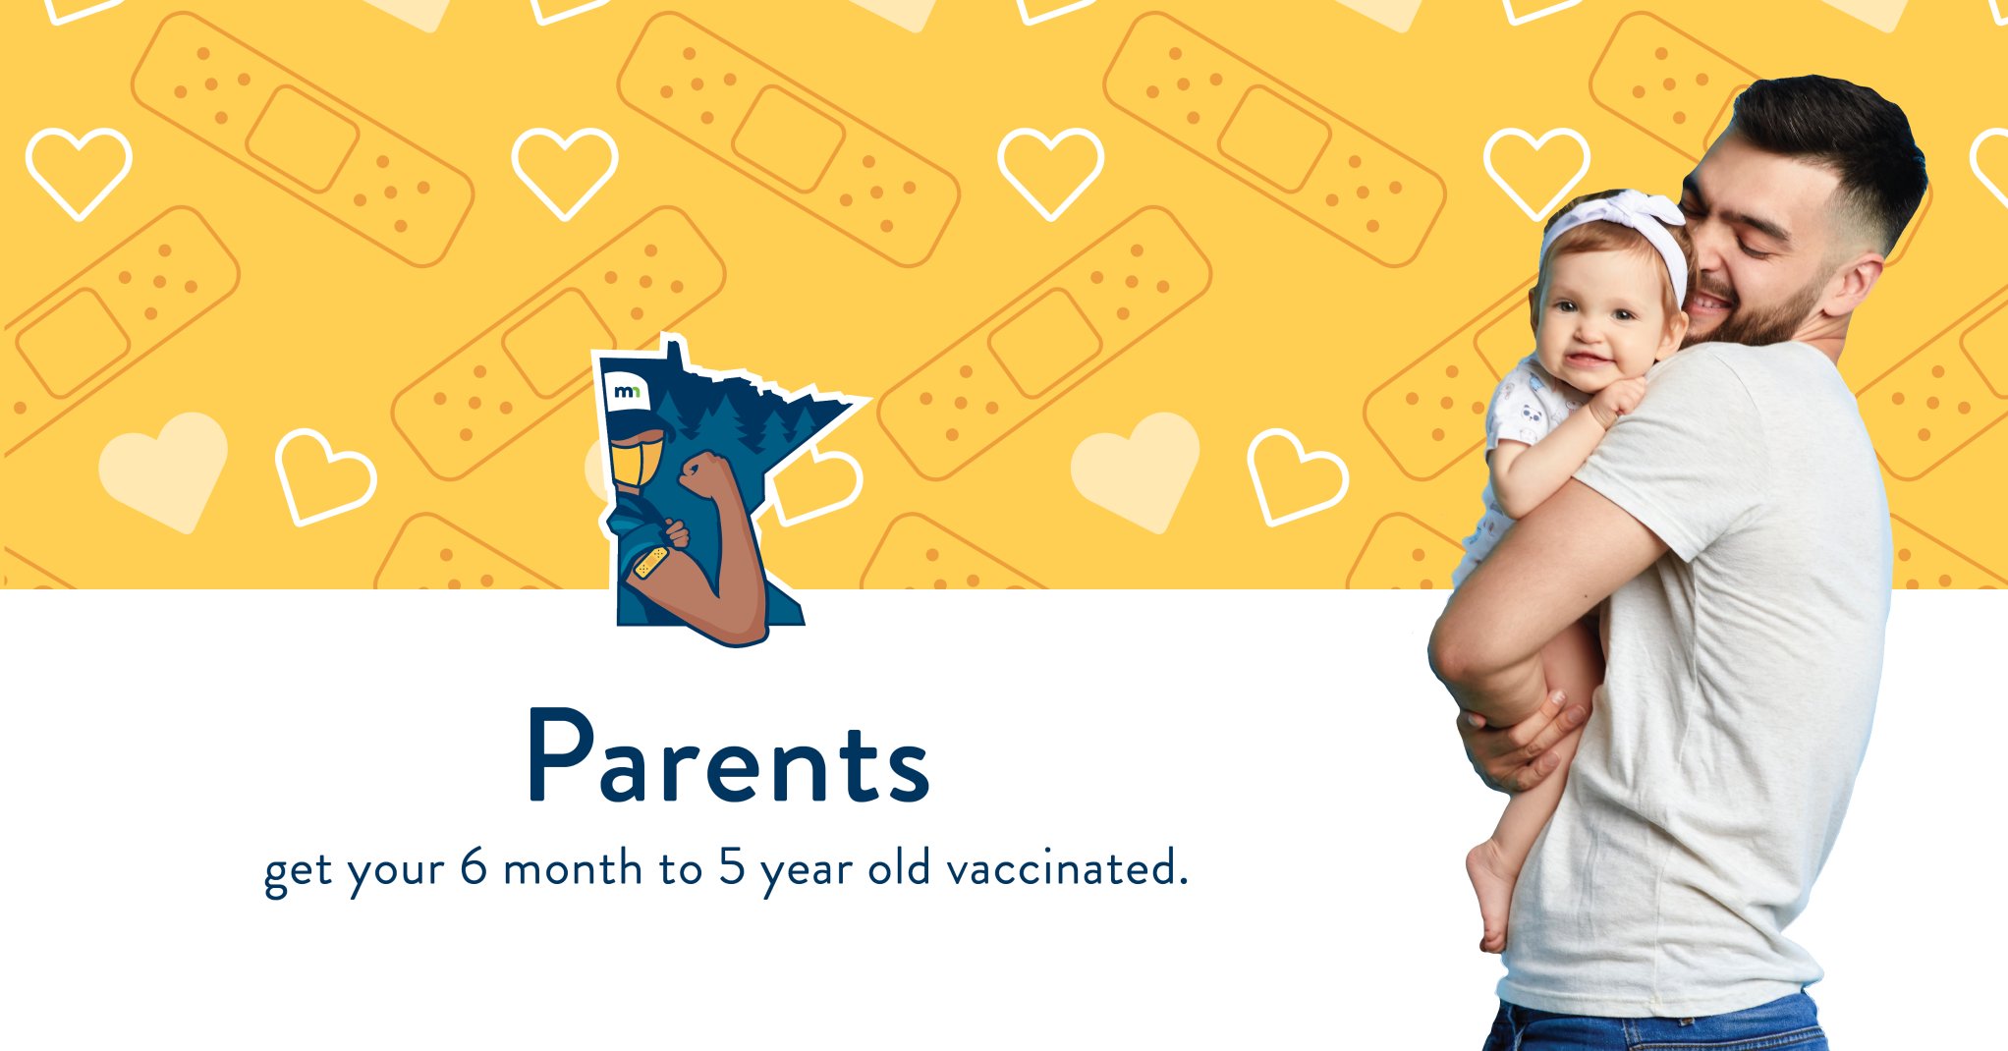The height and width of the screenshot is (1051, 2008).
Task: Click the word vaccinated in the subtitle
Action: (1067, 868)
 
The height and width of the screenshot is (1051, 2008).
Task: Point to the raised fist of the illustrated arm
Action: (703, 472)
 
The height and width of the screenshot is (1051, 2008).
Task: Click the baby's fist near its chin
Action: (1617, 399)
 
